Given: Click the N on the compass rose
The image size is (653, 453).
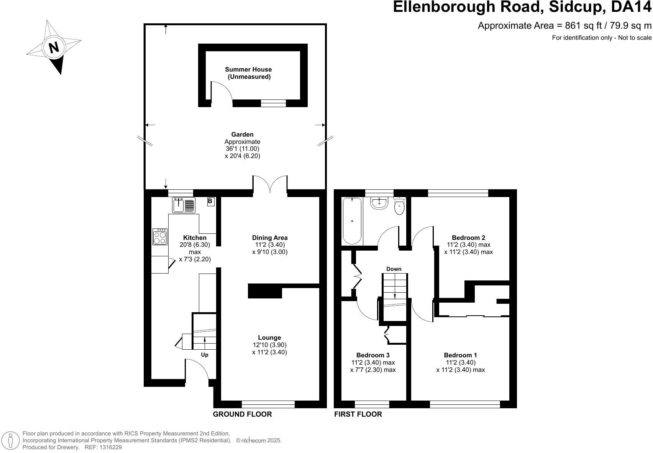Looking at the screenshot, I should (x=54, y=47).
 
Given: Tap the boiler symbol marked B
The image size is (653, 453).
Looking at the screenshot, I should (x=210, y=201).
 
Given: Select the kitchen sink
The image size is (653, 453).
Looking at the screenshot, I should (x=184, y=205).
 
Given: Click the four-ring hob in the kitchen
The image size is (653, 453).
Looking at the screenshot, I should (x=160, y=236).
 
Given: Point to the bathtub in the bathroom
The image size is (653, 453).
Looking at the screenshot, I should (x=351, y=221).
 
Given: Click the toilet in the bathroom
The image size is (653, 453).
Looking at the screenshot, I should (x=399, y=206).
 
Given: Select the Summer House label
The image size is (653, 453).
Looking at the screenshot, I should (x=248, y=70).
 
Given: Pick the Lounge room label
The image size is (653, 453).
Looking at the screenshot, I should (x=269, y=337).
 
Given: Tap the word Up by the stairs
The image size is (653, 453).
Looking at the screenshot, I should (x=205, y=355).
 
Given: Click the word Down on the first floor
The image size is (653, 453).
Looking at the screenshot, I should (x=394, y=269).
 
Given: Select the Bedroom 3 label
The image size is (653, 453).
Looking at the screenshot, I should (x=373, y=355).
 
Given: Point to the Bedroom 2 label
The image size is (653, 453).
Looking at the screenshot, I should (x=468, y=238).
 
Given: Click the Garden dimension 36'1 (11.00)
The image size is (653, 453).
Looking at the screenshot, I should (x=242, y=149).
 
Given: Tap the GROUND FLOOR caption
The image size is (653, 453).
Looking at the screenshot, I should (x=242, y=414).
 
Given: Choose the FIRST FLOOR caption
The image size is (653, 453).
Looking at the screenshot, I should (x=358, y=414).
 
